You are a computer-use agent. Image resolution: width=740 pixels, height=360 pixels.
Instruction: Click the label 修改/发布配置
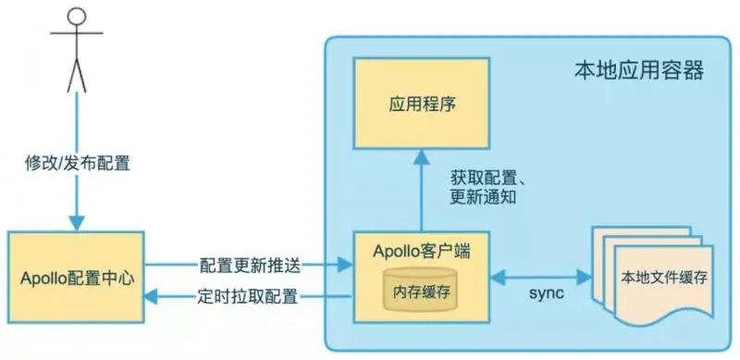point(77,164)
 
